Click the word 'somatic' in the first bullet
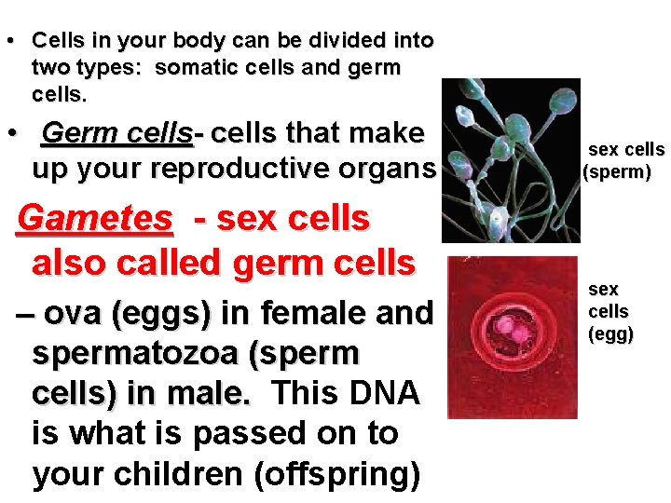(x=193, y=68)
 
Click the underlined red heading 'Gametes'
(x=95, y=219)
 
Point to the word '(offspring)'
(x=337, y=474)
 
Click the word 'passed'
(x=244, y=434)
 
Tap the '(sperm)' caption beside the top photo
(x=616, y=172)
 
